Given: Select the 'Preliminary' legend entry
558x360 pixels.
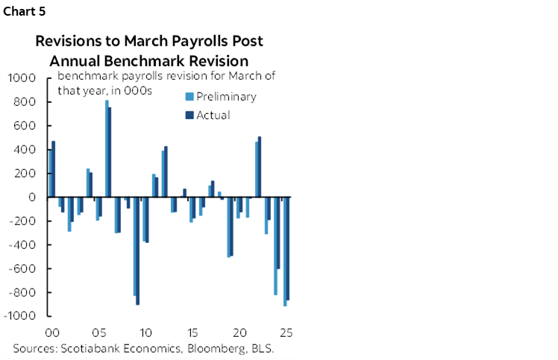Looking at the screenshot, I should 226,96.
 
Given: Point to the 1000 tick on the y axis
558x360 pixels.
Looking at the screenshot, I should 21,78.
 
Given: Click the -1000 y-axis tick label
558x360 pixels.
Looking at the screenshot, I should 19,316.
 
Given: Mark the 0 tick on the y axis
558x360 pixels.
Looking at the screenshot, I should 33,198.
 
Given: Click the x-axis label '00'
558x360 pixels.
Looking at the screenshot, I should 52,332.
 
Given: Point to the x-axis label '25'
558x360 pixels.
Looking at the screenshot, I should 285,332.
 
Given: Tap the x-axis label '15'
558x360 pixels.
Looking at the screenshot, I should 192,332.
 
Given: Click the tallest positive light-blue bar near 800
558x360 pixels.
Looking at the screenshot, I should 107,149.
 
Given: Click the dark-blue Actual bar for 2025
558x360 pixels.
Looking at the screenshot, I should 288,248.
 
